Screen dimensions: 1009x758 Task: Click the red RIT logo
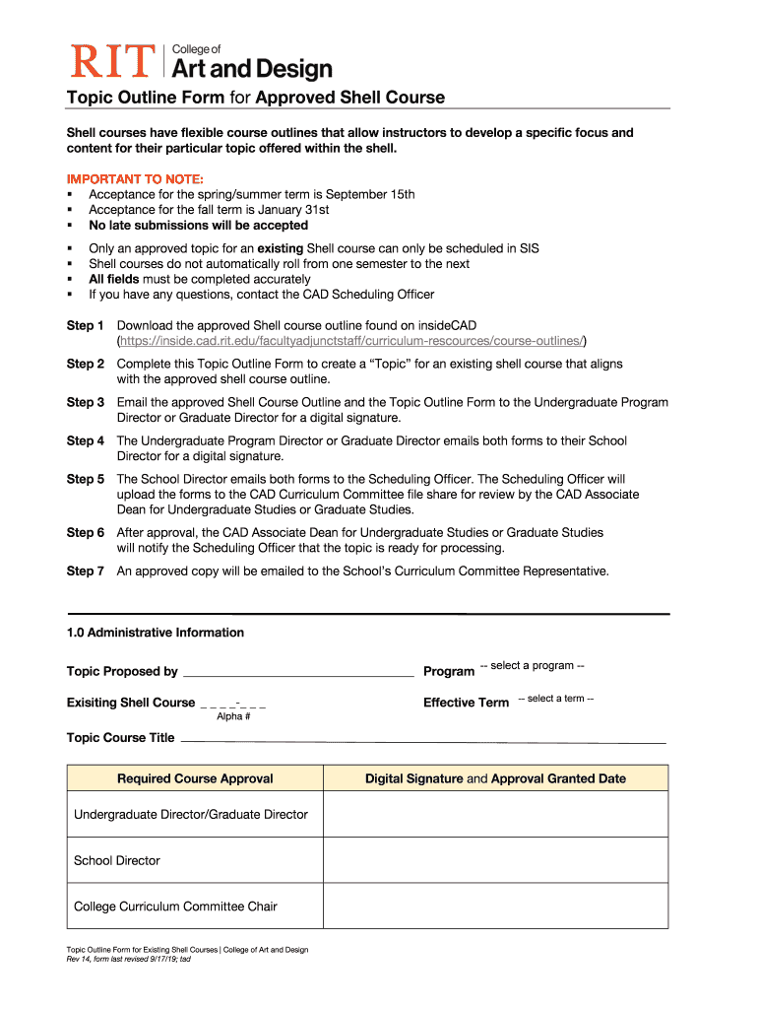click(x=110, y=61)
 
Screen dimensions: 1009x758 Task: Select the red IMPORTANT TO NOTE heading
click(x=135, y=178)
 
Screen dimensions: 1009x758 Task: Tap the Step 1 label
click(x=86, y=325)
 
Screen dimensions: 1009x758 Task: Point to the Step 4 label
click(x=86, y=440)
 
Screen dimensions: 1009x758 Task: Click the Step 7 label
click(x=86, y=571)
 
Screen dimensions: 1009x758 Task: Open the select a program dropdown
click(x=532, y=666)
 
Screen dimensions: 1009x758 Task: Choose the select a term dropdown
click(x=555, y=699)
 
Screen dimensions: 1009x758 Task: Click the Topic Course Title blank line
click(x=423, y=738)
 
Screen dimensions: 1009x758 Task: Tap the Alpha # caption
click(x=233, y=716)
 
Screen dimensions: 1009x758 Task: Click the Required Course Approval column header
click(x=195, y=778)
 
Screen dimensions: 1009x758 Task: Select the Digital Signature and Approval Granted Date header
click(x=495, y=778)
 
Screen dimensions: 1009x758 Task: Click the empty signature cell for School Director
click(x=495, y=860)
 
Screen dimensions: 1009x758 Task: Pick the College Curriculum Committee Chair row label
click(x=175, y=907)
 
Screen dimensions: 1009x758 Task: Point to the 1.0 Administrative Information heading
click(x=155, y=633)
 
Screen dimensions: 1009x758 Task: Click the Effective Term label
click(x=466, y=703)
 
